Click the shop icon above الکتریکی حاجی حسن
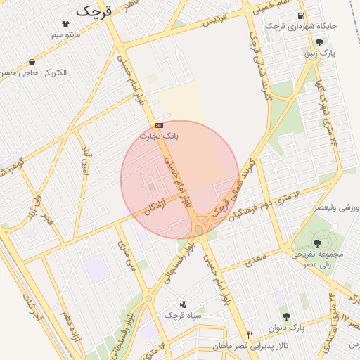point(32,62)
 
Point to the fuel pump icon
point(301,15)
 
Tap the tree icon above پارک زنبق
point(319,42)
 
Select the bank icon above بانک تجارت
point(159,125)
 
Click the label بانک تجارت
point(159,135)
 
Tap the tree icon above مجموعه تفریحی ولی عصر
point(317,243)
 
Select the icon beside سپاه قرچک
point(183,304)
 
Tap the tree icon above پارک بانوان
point(286,316)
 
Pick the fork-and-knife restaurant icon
point(250,335)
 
